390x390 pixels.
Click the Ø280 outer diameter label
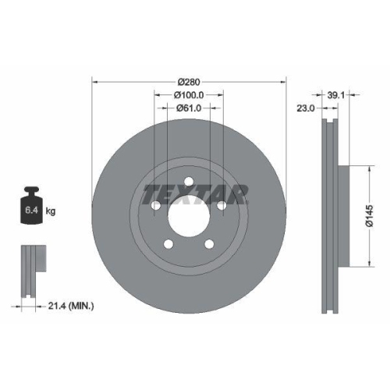click(190, 81)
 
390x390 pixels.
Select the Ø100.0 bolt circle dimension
click(190, 95)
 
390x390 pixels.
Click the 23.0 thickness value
click(307, 110)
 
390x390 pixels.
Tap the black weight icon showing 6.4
click(33, 206)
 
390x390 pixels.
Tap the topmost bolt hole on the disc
click(189, 183)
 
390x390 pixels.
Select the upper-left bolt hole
click(156, 205)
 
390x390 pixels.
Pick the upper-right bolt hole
click(222, 205)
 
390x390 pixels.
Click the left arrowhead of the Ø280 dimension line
click(95, 81)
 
